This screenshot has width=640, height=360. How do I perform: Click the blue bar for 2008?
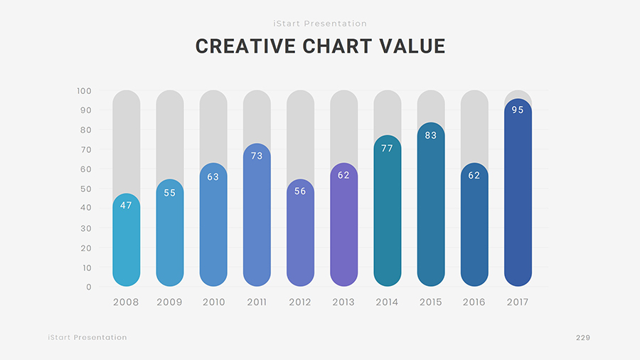coord(126,240)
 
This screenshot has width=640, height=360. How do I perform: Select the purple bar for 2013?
coord(343,225)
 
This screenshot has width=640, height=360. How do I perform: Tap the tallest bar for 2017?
coord(518,192)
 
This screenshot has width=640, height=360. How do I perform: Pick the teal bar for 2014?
coord(388,211)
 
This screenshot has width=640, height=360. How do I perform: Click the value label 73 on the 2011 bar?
coord(257,156)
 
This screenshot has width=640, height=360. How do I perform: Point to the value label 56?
coord(300,191)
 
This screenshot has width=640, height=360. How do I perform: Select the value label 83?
coord(431,135)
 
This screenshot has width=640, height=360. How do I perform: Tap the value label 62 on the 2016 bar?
coord(474,176)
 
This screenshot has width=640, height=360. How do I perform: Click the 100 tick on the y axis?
coord(84,91)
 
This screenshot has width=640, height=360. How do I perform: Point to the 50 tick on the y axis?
coord(86,189)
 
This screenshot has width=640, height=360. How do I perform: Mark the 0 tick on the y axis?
coord(89,287)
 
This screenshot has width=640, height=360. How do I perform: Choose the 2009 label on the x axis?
coord(169,302)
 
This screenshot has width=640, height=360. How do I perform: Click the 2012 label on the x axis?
coord(300,302)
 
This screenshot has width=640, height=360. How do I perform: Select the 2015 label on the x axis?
coord(431,302)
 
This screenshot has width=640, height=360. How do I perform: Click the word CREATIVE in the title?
coord(245,46)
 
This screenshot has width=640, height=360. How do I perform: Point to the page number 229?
coord(583,337)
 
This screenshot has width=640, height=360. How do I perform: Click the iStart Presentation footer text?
coord(87,337)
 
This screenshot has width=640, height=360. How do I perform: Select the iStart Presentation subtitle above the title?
coord(320,23)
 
